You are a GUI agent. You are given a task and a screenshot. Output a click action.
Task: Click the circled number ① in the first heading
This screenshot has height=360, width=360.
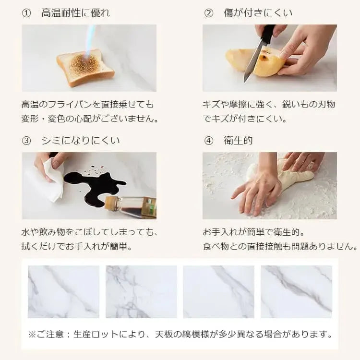coord(26,13)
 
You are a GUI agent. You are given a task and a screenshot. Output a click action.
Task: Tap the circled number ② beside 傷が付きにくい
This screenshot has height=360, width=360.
coord(208,13)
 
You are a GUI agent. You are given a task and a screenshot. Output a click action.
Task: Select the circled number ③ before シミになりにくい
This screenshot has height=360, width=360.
coord(26,141)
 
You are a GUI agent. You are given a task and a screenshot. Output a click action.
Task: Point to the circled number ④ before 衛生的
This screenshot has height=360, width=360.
coord(208,141)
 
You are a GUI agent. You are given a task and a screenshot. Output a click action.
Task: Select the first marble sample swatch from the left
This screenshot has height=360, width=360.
coord(63,291)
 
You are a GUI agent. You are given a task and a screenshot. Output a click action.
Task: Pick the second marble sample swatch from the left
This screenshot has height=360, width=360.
coord(141,291)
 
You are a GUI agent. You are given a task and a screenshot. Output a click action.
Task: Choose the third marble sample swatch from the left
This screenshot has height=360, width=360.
coord(218,291)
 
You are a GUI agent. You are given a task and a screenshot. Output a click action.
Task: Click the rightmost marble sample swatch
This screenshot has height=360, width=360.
coord(296,291)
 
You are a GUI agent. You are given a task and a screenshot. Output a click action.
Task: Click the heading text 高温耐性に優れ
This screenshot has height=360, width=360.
coord(76,13)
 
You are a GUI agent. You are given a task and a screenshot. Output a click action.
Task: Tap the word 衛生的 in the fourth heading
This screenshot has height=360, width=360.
coord(238,141)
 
